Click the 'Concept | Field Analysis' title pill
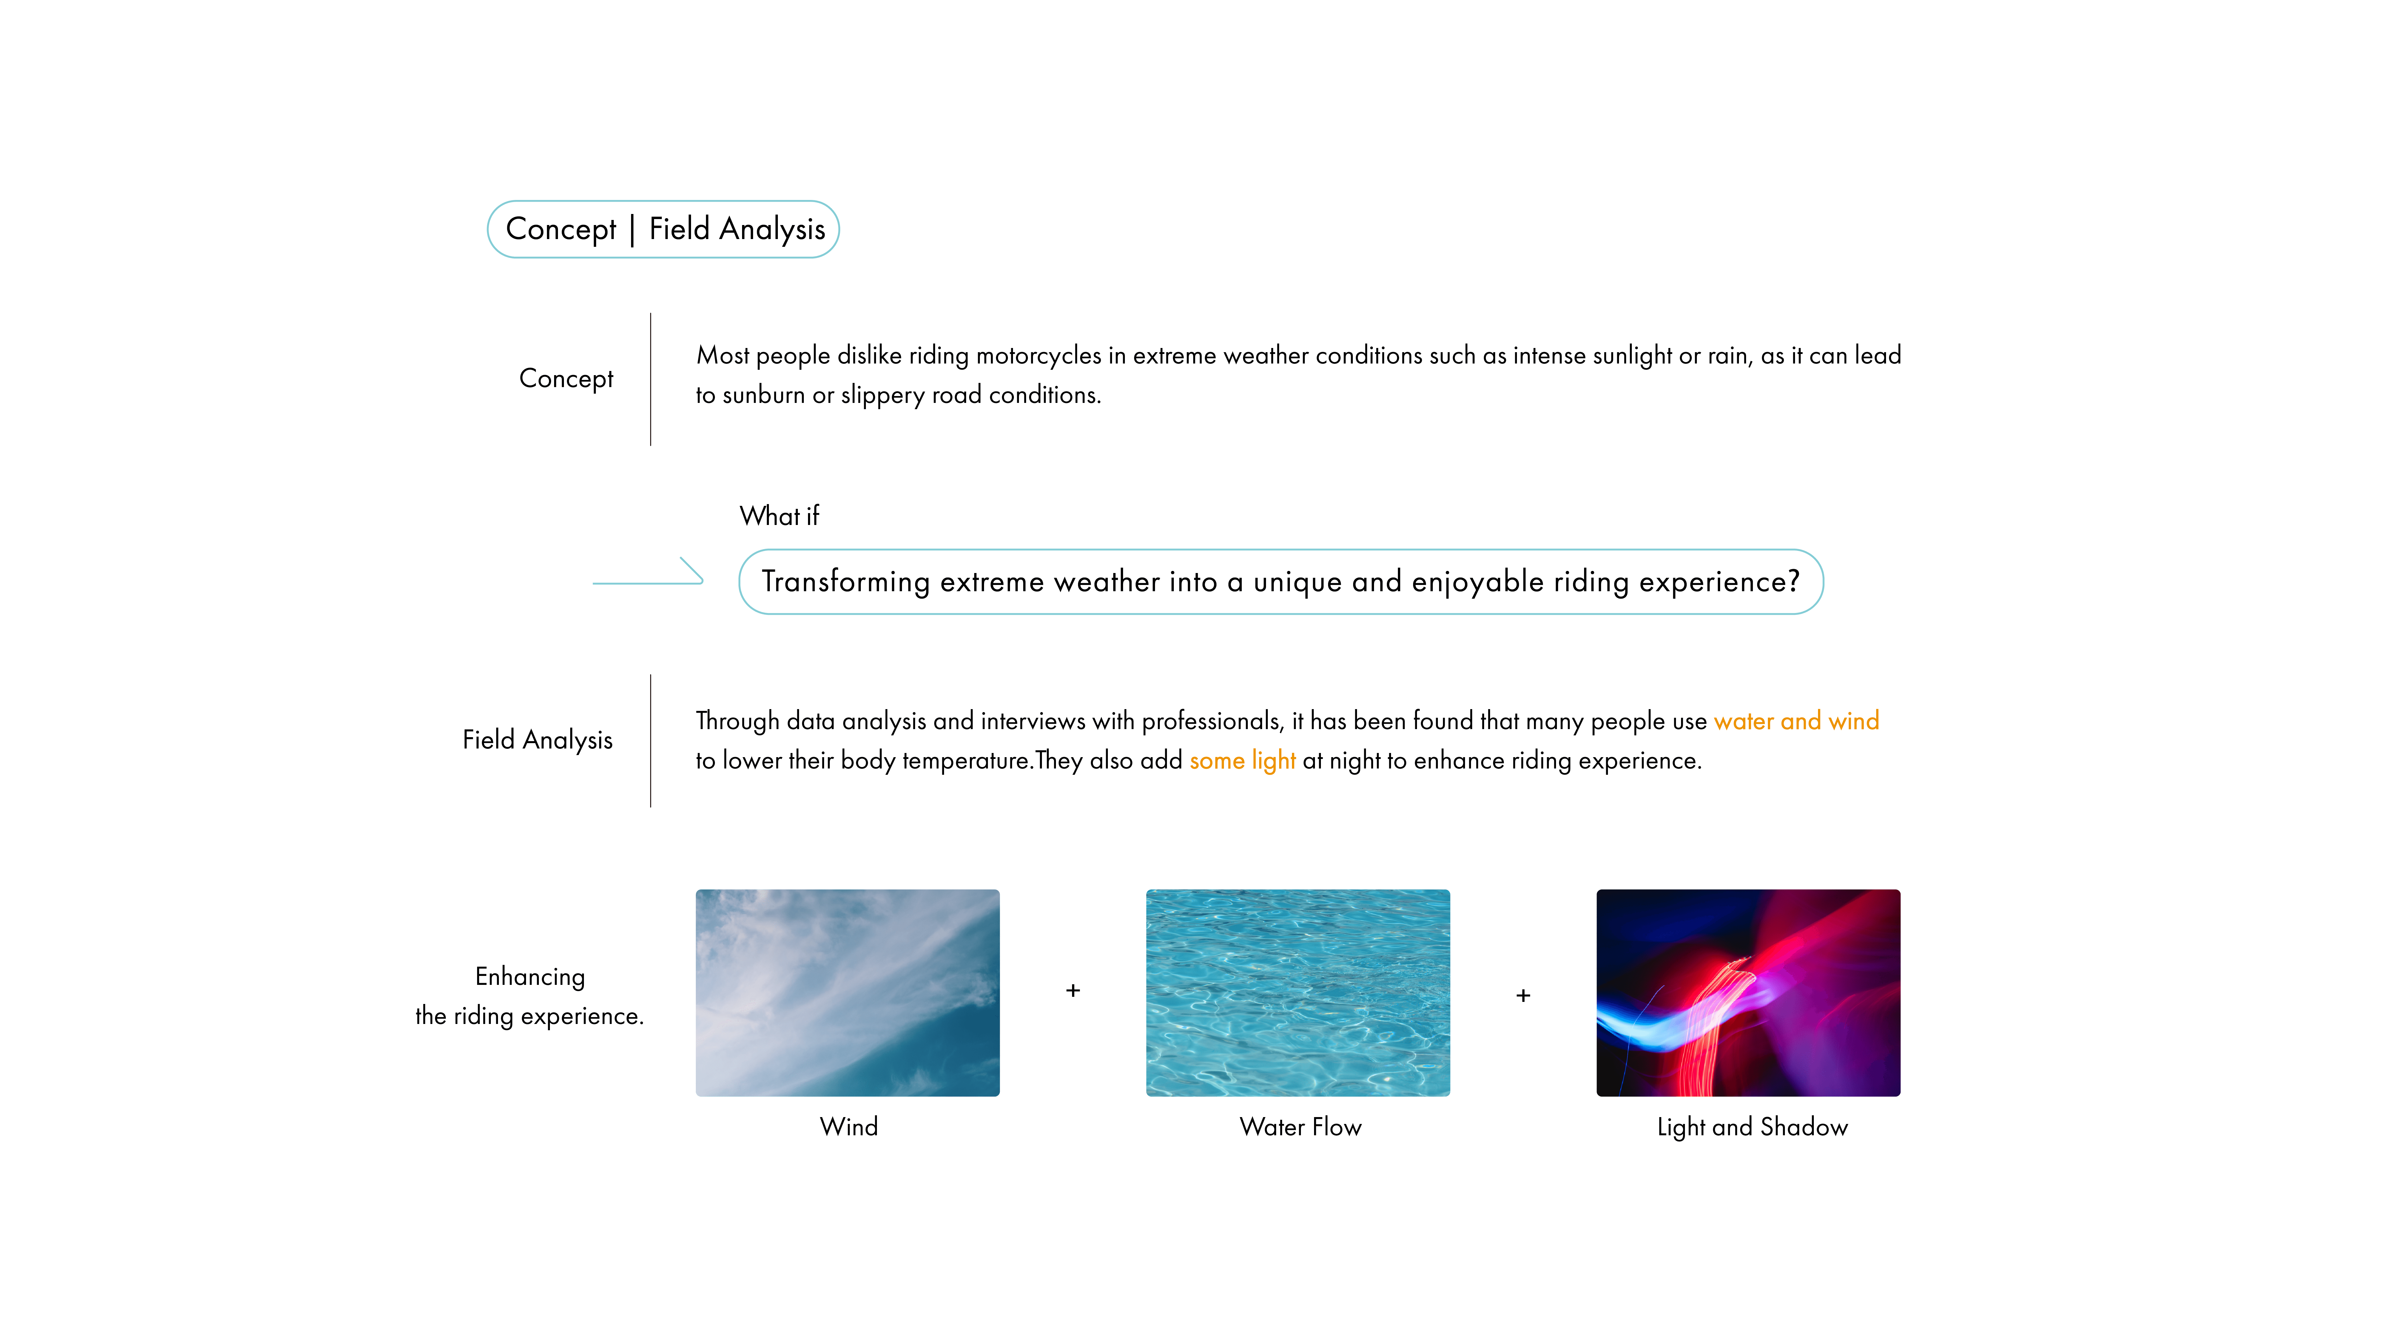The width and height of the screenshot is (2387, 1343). (x=664, y=229)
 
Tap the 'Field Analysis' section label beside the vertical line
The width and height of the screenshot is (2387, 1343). (x=537, y=740)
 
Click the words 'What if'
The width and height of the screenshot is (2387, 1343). (x=779, y=516)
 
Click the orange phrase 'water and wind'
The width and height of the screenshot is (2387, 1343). (x=1796, y=721)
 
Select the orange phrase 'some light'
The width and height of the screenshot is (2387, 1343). (x=1242, y=761)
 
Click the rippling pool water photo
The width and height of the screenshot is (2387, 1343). (x=1297, y=993)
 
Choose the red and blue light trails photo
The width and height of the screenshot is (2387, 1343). (x=1748, y=993)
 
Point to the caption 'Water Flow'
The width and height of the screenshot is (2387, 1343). (x=1300, y=1127)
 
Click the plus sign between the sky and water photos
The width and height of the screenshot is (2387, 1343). (x=1073, y=991)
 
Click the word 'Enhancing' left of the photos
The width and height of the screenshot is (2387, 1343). (x=530, y=977)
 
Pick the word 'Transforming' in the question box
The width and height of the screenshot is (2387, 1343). (x=845, y=582)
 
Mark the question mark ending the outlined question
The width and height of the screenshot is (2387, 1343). (x=1793, y=581)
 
